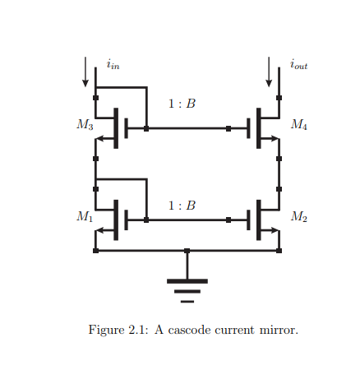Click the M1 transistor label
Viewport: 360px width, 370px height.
[85, 216]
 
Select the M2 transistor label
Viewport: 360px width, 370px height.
[299, 216]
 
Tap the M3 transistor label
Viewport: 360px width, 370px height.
[85, 125]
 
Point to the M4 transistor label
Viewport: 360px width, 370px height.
[299, 125]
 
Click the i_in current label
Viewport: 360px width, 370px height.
[113, 64]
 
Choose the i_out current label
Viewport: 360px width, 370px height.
[298, 64]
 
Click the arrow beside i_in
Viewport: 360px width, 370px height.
[85, 72]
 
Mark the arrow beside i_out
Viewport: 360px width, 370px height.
[269, 72]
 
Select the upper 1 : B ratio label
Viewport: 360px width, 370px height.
[182, 104]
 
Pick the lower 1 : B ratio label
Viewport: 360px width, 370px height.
[182, 206]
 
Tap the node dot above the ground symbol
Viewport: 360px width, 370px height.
[187, 251]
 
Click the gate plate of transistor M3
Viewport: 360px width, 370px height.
[126, 128]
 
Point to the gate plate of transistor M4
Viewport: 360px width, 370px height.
[249, 128]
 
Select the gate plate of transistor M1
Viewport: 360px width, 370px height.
[126, 220]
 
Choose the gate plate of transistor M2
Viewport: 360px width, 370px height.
[249, 220]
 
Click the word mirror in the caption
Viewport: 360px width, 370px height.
[278, 331]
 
